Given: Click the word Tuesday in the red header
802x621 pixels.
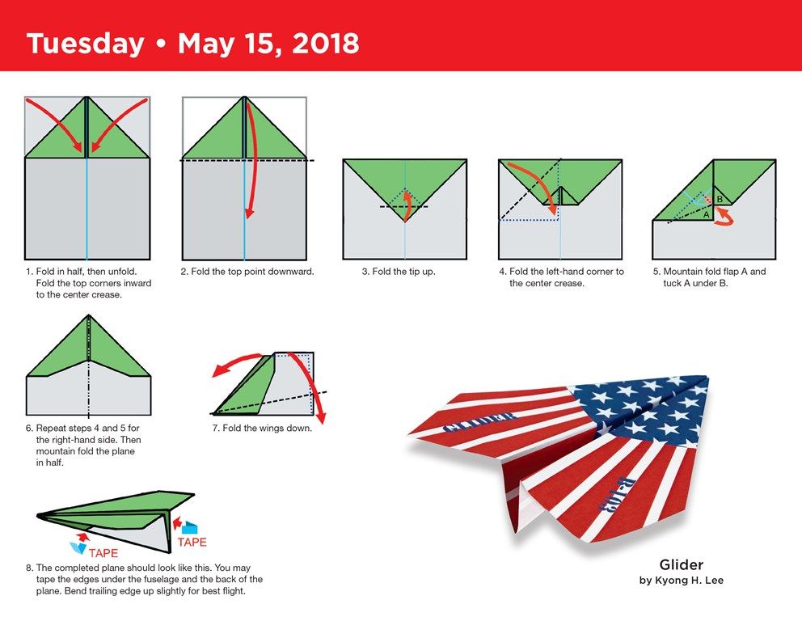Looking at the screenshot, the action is pyautogui.click(x=85, y=44).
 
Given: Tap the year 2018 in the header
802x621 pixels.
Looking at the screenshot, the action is pyautogui.click(x=326, y=43).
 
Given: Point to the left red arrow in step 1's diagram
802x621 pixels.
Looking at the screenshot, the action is pyautogui.click(x=53, y=123).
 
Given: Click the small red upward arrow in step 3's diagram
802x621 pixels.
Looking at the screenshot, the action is pyautogui.click(x=407, y=205).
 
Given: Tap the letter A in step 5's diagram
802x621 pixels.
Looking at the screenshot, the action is pyautogui.click(x=707, y=215).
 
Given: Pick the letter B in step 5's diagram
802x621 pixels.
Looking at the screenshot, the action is pyautogui.click(x=720, y=199).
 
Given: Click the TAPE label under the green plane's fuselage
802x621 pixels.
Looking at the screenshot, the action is pyautogui.click(x=103, y=553).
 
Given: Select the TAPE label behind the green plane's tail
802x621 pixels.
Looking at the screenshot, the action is pyautogui.click(x=192, y=543).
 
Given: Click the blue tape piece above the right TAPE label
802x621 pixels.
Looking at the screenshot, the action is pyautogui.click(x=190, y=528).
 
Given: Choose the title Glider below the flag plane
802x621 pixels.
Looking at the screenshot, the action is pyautogui.click(x=682, y=564).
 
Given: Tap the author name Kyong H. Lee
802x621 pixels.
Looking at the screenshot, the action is pyautogui.click(x=689, y=581).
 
